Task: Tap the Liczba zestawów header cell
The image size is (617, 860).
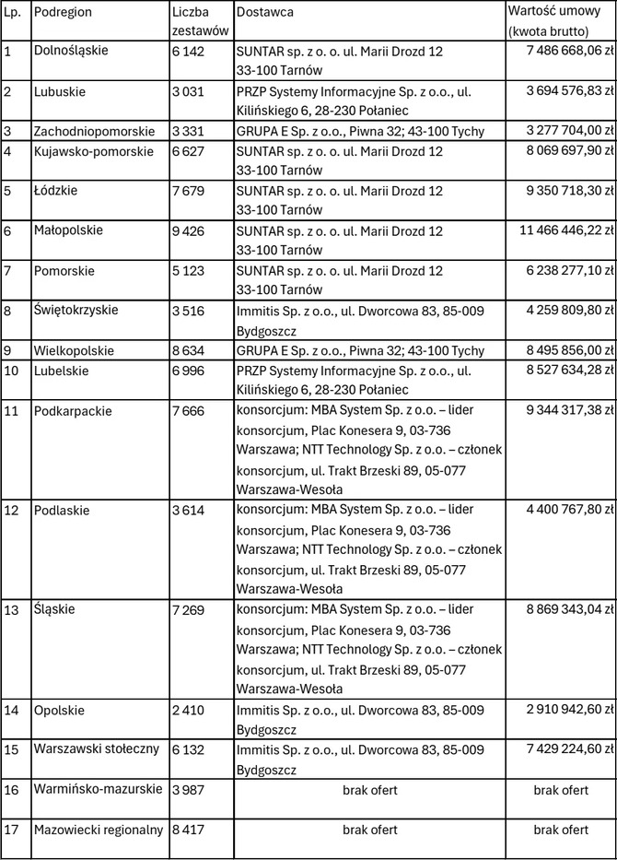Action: tap(191, 21)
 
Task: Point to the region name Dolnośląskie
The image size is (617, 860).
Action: tap(70, 50)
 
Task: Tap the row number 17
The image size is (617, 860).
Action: tap(11, 830)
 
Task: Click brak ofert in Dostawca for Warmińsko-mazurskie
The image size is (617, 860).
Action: tap(369, 790)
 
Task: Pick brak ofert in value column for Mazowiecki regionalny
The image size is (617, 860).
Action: tap(561, 830)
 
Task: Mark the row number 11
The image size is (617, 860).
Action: tap(11, 411)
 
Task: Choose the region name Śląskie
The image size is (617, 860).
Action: tap(54, 609)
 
